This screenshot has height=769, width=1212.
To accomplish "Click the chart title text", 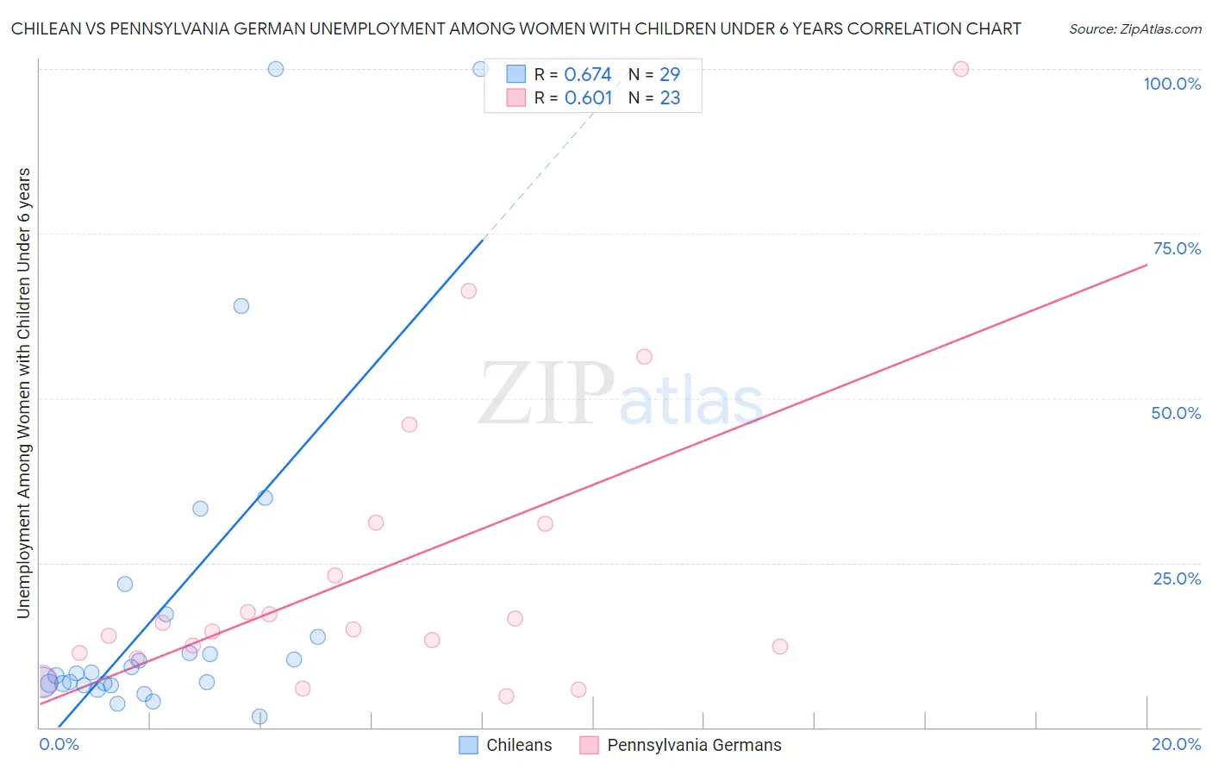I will point(515,28).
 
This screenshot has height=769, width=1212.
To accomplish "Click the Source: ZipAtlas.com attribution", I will point(1134,28).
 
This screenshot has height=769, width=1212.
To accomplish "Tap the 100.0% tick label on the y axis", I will point(1171,84).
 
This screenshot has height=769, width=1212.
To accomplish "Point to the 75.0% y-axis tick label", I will point(1177,248).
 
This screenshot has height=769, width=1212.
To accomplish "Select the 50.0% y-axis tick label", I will point(1176,413).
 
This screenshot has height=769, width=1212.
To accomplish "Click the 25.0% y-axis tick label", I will point(1177,578).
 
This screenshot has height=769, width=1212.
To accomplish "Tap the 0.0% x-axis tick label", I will point(59,744).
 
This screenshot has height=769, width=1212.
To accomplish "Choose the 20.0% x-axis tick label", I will point(1176,744).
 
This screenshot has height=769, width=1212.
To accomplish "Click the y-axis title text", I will point(23,393).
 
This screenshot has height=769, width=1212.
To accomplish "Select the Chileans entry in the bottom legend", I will point(518,745).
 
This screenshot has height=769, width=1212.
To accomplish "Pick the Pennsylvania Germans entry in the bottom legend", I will point(693,745).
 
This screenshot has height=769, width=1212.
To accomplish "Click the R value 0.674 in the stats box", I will point(588,75).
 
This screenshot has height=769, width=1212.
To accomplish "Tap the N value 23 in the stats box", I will point(670,98).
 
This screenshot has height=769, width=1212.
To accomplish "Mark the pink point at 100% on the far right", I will point(961,69).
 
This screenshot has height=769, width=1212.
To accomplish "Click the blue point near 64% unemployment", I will point(241,306).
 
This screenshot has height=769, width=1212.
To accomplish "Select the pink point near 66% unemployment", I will point(469,291).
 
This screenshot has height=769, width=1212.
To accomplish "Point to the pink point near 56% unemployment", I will point(644,357).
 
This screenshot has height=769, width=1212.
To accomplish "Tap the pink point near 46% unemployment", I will point(409,424).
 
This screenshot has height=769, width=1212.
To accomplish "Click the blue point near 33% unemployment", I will point(200,509).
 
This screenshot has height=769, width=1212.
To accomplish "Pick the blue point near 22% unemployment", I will point(125,584).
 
